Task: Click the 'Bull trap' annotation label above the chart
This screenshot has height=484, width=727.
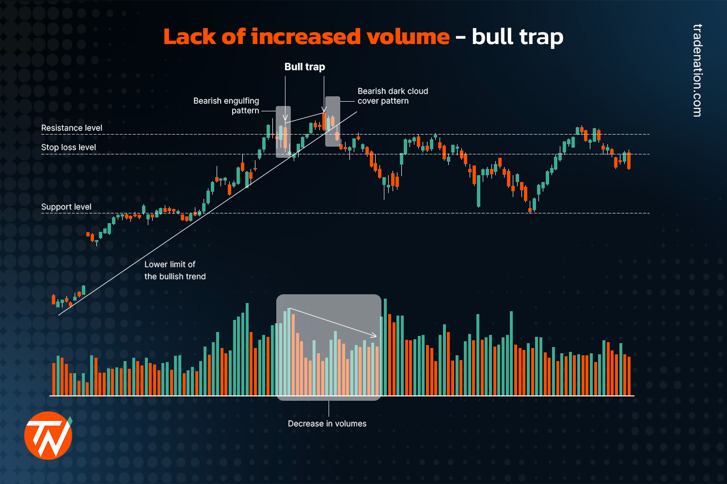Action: pos(304,67)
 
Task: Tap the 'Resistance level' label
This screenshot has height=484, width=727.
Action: pos(72,128)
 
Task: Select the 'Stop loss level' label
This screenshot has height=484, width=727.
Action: pos(68,147)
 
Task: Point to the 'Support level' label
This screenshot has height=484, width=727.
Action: pos(66,207)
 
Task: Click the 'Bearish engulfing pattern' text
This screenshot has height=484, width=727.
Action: pos(226,106)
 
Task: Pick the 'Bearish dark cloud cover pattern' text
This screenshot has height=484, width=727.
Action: pos(393,96)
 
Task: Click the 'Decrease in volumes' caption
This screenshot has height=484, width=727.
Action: pos(327,423)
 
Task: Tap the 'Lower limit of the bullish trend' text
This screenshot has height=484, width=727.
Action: pos(175,271)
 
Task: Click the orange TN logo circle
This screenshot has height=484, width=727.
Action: pos(48,436)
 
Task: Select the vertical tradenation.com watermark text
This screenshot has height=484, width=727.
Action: pos(697,71)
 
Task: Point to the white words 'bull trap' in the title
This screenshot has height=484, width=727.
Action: pos(517,37)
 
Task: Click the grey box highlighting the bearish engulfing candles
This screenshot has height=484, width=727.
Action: pos(283,132)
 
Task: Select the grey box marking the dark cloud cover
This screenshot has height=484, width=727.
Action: pos(332,121)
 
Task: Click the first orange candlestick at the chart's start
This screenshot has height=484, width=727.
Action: pos(54,300)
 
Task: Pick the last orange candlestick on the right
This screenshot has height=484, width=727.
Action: pos(629,161)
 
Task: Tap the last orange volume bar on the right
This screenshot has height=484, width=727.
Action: pos(629,376)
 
